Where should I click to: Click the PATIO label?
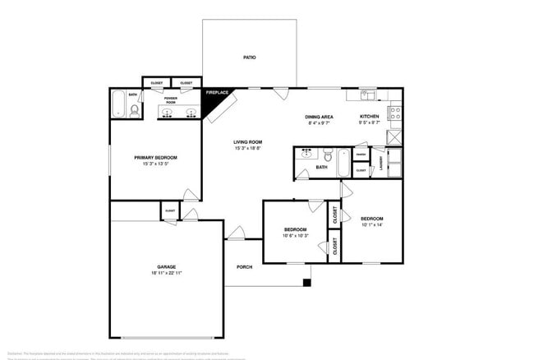pyautogui.click(x=249, y=58)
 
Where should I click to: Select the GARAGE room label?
pyautogui.click(x=167, y=267)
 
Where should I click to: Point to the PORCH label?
pyautogui.click(x=244, y=267)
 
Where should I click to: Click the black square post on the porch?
pyautogui.click(x=306, y=284)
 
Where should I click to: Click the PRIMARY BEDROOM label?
pyautogui.click(x=156, y=157)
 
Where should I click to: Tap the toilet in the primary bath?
pyautogui.click(x=134, y=108)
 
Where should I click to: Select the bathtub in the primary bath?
pyautogui.click(x=117, y=104)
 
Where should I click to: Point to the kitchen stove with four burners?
pyautogui.click(x=394, y=113)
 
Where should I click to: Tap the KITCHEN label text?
pyautogui.click(x=370, y=117)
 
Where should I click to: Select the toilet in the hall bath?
pyautogui.click(x=326, y=155)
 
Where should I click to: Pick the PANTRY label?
pyautogui.click(x=361, y=154)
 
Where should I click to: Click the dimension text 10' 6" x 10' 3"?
pyautogui.click(x=295, y=236)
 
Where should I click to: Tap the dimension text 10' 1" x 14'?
pyautogui.click(x=371, y=224)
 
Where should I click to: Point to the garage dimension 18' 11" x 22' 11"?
pyautogui.click(x=167, y=274)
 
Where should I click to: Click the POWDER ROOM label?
pyautogui.click(x=171, y=100)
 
